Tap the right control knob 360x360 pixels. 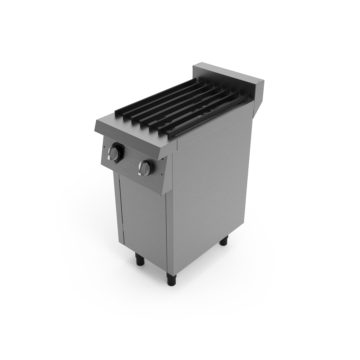pos(144,168)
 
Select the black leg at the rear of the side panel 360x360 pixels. pos(224,240)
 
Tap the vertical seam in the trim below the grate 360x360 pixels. pos(177,144)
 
